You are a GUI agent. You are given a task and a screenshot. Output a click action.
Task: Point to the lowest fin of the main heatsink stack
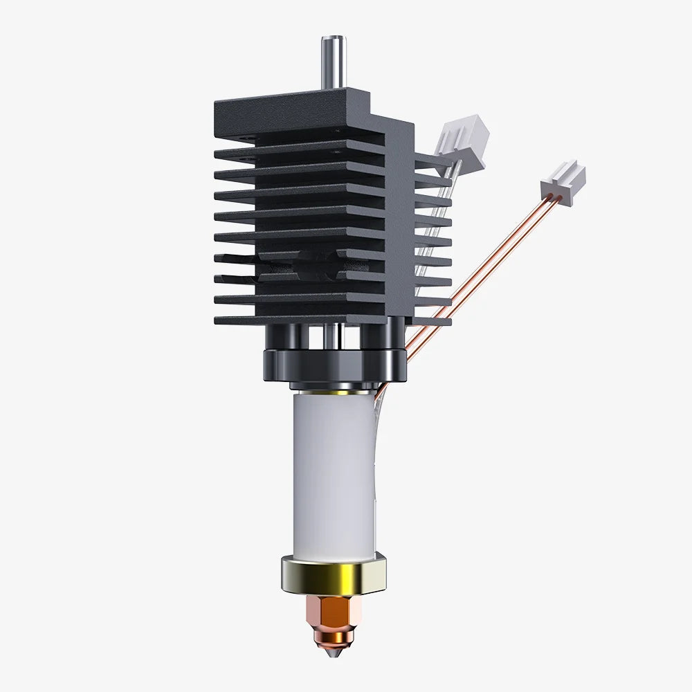298,319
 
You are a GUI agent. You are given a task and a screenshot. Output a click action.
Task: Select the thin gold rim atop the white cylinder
334,390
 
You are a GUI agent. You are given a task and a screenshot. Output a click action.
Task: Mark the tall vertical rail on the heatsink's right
399,221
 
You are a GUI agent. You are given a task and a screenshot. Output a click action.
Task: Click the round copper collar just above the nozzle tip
334,633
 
